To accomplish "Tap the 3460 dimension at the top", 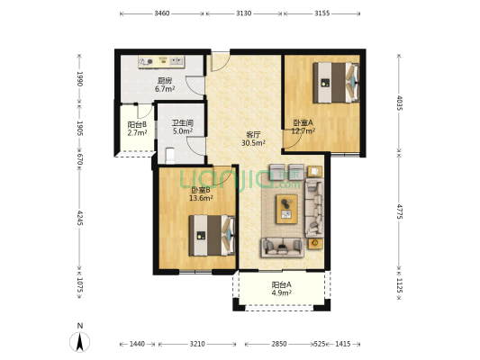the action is [161, 13].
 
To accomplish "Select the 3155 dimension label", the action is [322, 13].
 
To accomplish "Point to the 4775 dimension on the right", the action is [400, 211].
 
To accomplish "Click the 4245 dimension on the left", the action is [79, 218].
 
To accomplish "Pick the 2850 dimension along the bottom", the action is [279, 344].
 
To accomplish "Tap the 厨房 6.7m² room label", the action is [165, 85].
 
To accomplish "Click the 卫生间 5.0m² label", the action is [183, 127].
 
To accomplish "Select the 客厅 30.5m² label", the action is [253, 139].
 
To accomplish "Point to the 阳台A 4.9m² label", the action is [281, 289].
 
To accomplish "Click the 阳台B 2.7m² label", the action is [137, 129].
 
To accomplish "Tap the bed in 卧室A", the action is [336, 83].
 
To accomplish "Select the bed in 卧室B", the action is [212, 235].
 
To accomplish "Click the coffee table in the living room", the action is [287, 209].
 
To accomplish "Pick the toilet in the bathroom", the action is [169, 155].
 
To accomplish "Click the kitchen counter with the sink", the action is [161, 62].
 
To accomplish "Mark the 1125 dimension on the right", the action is [400, 285].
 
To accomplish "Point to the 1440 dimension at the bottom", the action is [137, 344].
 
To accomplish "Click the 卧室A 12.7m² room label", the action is [303, 127].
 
